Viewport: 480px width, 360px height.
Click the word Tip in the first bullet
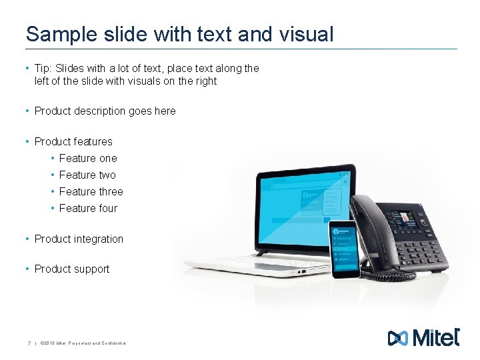43,68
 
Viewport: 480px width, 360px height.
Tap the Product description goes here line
105,111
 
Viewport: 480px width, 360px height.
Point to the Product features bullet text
73,141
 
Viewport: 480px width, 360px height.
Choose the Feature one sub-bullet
88,159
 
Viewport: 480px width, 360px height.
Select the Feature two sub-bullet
87,175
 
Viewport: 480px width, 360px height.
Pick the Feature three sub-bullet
91,192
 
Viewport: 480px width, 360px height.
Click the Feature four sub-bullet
88,209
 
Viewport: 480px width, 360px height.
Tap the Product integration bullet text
79,239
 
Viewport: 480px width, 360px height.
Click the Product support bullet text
72,269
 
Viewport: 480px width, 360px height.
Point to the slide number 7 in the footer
29,343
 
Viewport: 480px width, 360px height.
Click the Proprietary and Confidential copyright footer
83,343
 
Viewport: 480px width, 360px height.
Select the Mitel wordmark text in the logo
436,338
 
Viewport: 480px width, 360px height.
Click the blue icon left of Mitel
397,338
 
